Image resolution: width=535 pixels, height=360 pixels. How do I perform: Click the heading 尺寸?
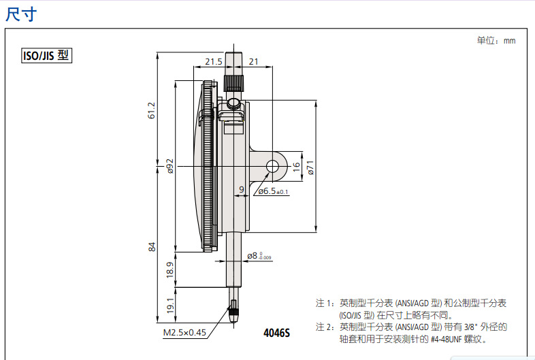(x=20, y=14)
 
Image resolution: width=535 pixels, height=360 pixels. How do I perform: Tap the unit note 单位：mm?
(x=496, y=41)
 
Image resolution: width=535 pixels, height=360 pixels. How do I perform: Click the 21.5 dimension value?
(x=214, y=62)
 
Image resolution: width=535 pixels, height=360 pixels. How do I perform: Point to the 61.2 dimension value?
(x=152, y=110)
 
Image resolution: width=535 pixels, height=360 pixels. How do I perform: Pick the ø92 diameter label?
(x=170, y=166)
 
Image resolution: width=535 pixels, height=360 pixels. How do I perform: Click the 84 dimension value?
(x=152, y=246)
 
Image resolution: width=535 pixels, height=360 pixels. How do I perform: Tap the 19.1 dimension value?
(x=170, y=304)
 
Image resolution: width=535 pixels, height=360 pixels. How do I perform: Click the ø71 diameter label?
(x=310, y=167)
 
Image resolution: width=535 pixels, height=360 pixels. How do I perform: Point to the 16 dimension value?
(x=296, y=165)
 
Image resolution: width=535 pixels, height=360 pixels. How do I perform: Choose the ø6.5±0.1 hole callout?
(x=273, y=192)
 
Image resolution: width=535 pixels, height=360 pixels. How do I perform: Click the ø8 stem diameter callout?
(x=259, y=256)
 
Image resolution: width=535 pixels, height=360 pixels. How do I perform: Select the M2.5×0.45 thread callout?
(x=184, y=333)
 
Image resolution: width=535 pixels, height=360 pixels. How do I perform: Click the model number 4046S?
(x=277, y=333)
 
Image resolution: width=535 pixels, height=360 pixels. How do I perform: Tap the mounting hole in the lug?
(x=274, y=166)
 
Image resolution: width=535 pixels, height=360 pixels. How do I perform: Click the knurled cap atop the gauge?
(x=233, y=83)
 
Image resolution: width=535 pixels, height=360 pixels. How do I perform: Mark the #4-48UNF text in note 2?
(x=447, y=338)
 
